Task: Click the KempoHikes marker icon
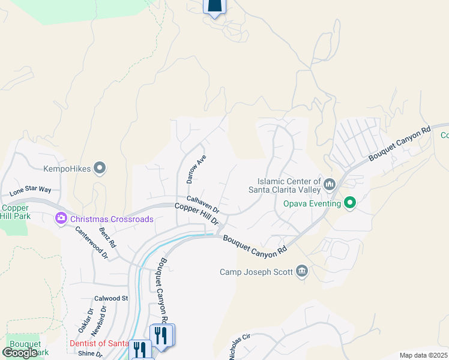point(100,169)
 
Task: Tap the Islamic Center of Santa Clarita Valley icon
point(328,184)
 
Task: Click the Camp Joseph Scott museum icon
point(302,272)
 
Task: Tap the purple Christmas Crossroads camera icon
point(61,219)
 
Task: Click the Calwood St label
point(111,298)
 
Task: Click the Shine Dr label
point(90,353)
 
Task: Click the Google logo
point(20,353)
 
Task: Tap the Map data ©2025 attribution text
point(424,355)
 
